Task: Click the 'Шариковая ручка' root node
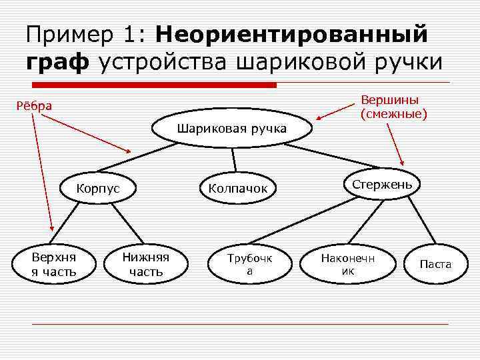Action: point(232,129)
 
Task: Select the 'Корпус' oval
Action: point(98,188)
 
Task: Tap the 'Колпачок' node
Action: point(238,189)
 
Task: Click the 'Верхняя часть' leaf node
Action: point(54,264)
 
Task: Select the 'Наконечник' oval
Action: point(348,264)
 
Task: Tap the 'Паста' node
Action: point(435,264)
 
